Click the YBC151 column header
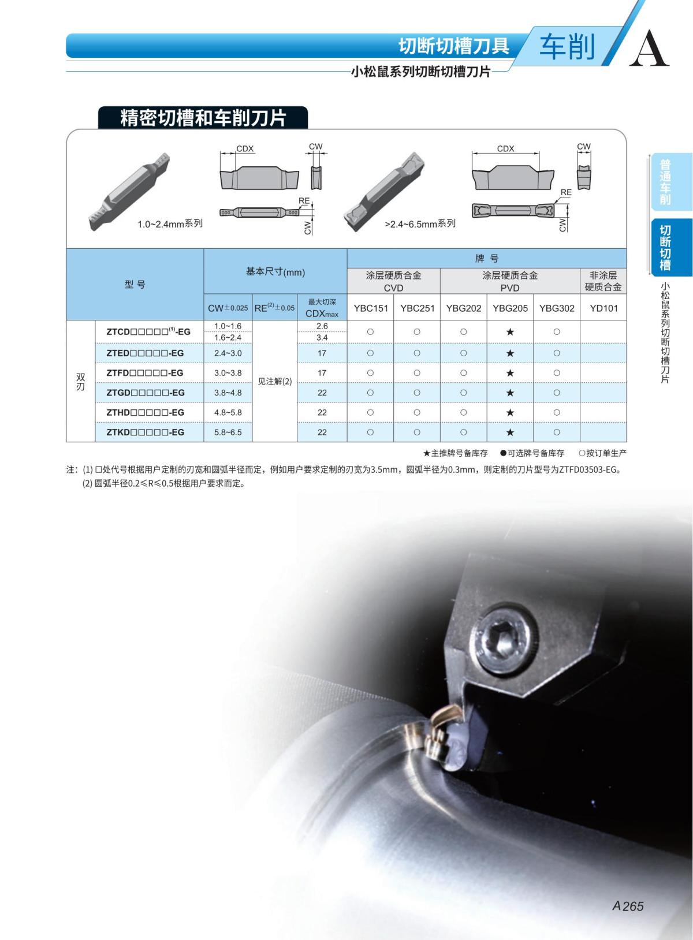(x=370, y=308)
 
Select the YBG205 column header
(x=510, y=308)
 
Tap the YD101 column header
(x=603, y=308)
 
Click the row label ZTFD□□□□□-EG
(x=145, y=373)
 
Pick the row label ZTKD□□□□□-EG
(x=145, y=432)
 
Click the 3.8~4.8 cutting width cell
(x=228, y=393)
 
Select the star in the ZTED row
(x=510, y=353)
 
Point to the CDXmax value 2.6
(x=322, y=326)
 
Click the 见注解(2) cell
(x=274, y=382)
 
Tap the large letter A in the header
(x=649, y=49)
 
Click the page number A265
(x=628, y=906)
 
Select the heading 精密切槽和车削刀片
(x=203, y=117)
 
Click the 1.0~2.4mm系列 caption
(x=170, y=223)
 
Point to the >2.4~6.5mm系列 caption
(x=420, y=223)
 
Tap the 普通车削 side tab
(x=666, y=182)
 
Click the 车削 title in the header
(x=567, y=47)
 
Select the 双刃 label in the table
(x=80, y=381)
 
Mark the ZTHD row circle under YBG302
(x=556, y=412)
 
